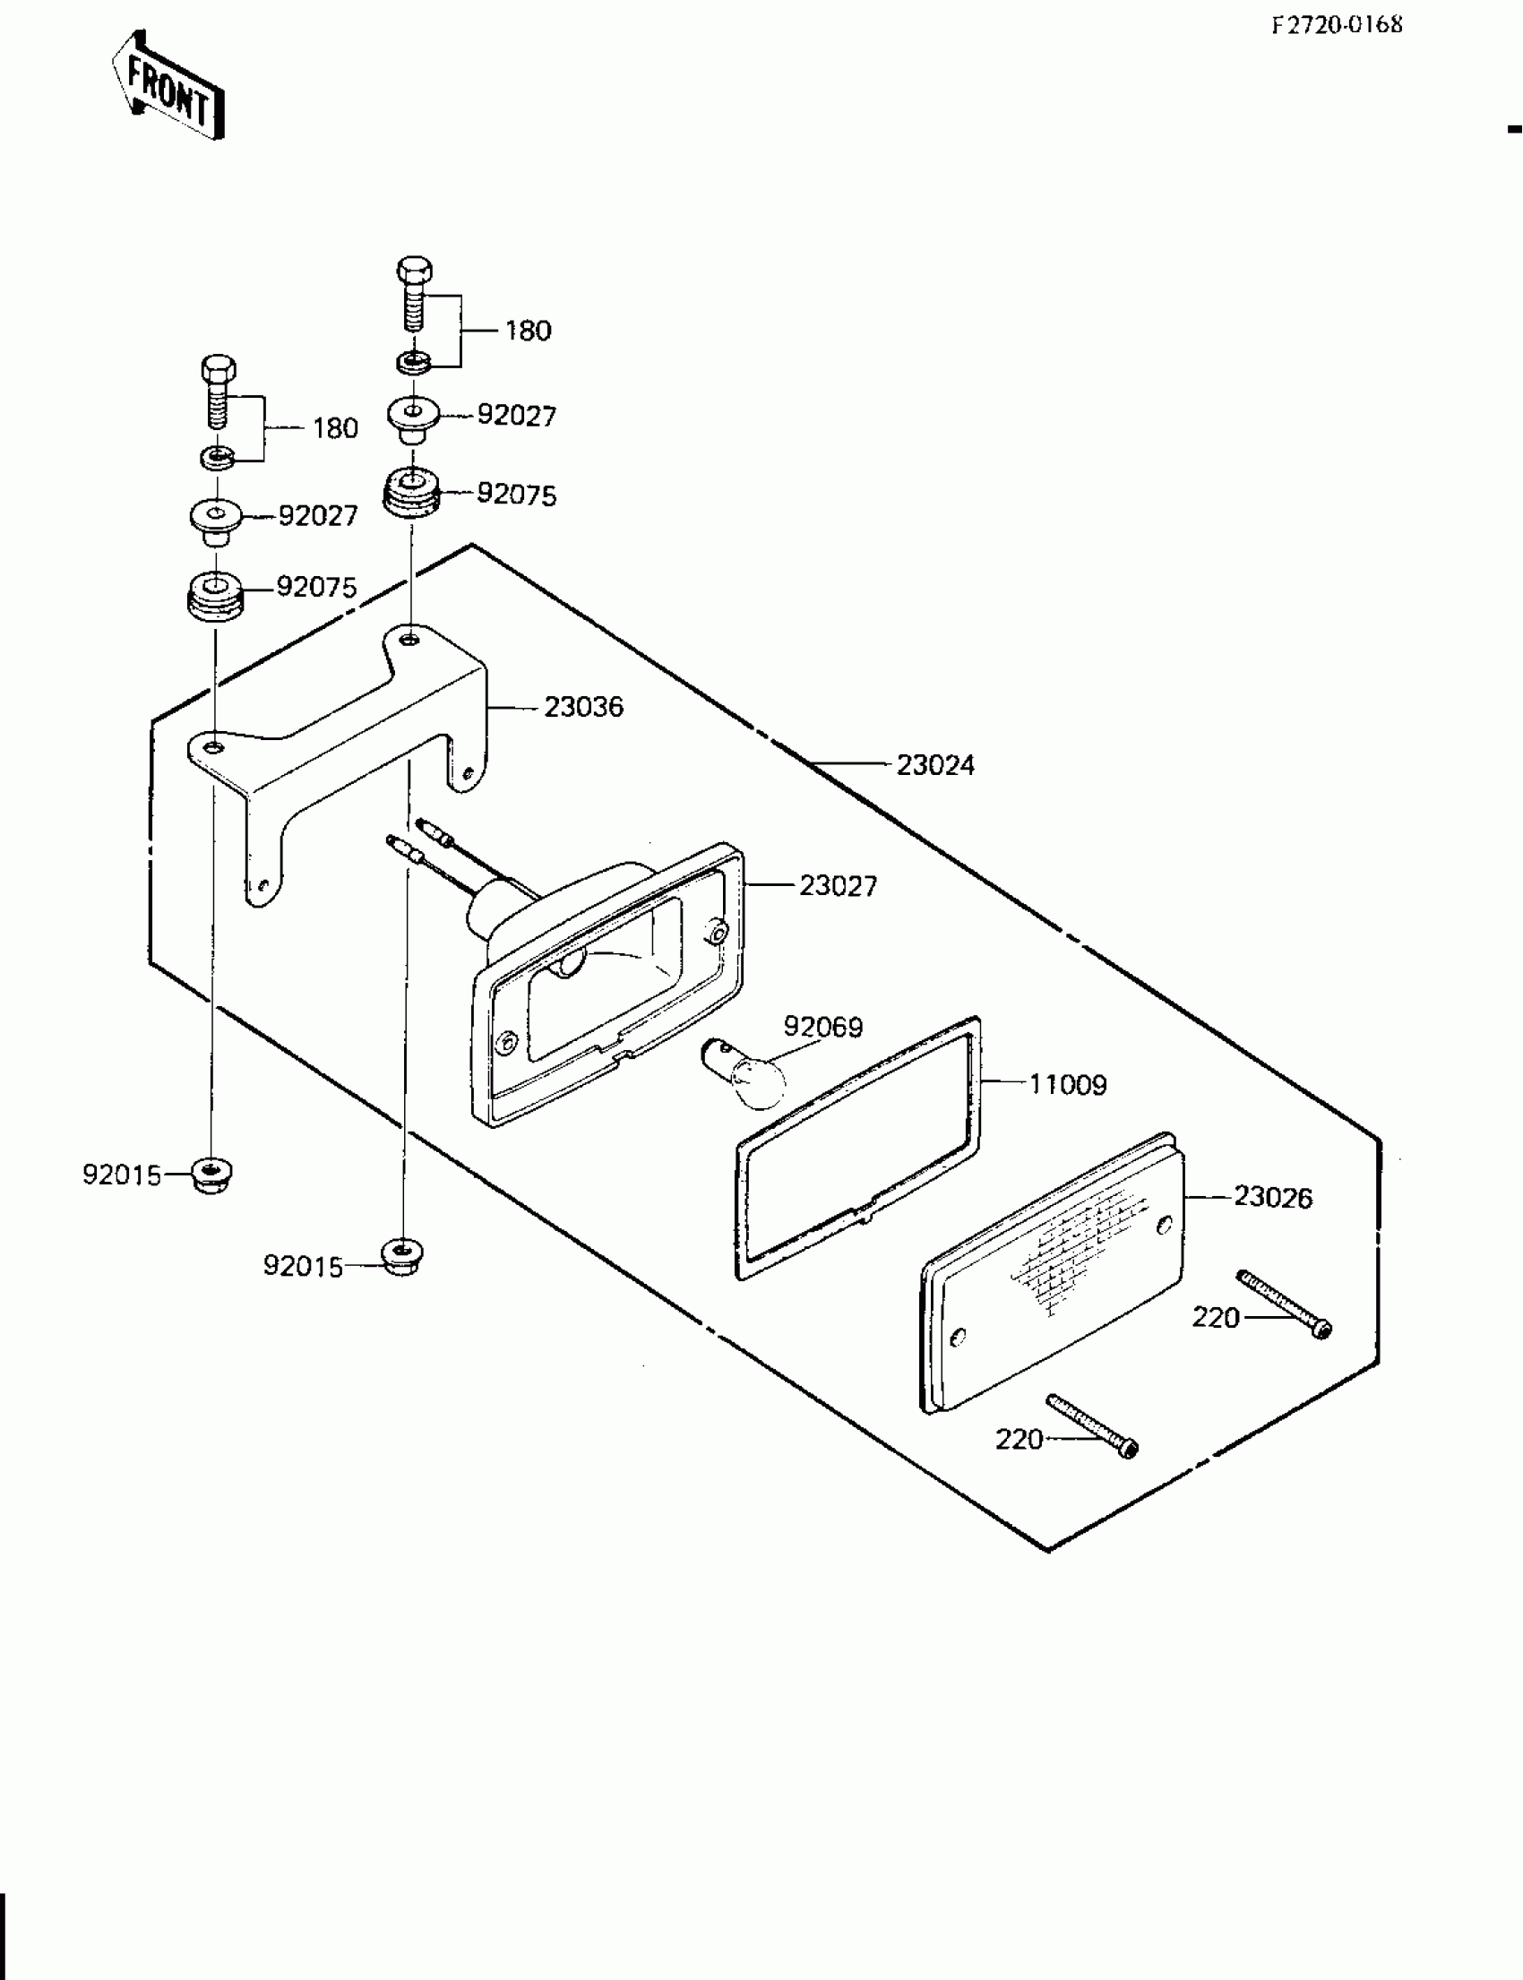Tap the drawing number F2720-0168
[1338, 25]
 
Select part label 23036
[583, 706]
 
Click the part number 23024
[934, 765]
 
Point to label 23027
[838, 886]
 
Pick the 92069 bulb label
[822, 1027]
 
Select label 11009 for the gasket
[1067, 1084]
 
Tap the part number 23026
[1272, 1198]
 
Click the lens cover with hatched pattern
[1052, 1270]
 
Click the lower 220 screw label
[1019, 1439]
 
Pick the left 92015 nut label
[122, 1175]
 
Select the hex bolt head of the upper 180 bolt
[414, 270]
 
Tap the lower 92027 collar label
[317, 516]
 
